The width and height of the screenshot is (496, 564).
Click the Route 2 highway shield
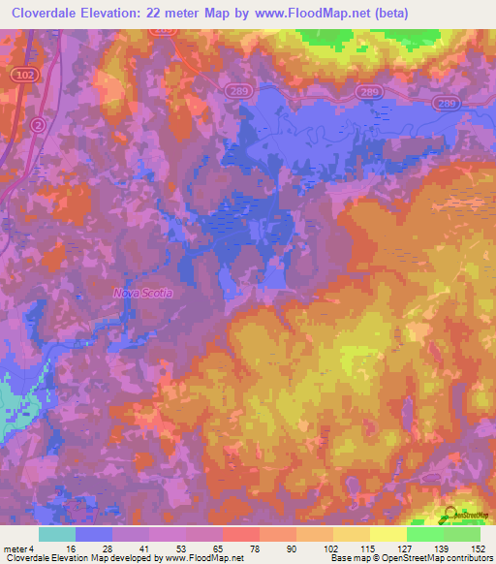tap(37, 125)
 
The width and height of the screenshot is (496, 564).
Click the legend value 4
tap(34, 548)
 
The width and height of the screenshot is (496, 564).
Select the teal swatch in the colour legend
tap(57, 534)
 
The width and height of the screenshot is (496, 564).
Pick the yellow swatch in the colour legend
tap(387, 534)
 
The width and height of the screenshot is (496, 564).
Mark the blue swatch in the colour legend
tap(94, 534)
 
